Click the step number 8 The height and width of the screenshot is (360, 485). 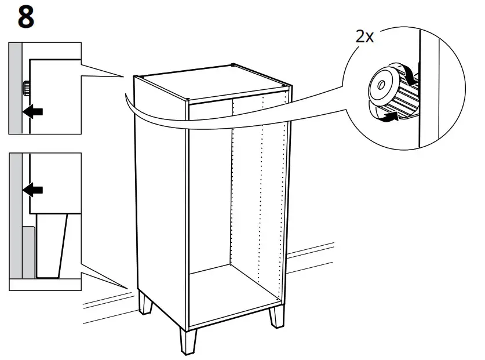coord(25,18)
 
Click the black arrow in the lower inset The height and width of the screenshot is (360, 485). coord(35,189)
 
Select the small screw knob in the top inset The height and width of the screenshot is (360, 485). coord(27,89)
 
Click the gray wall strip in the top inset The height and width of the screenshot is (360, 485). coord(14,87)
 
